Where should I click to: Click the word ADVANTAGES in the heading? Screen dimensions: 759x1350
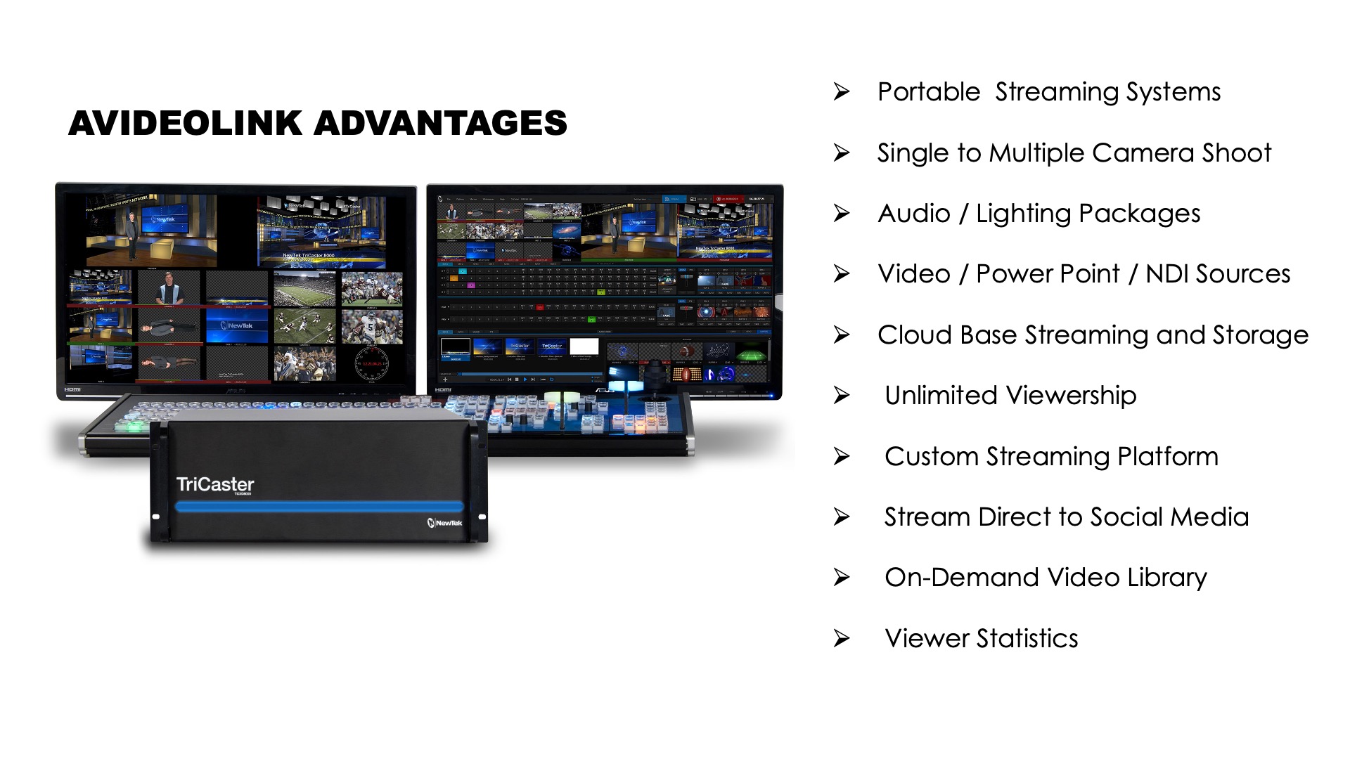440,124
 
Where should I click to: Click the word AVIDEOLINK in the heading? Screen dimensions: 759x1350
186,124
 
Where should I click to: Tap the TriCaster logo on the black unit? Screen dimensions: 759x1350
214,484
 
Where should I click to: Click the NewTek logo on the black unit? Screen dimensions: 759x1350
445,522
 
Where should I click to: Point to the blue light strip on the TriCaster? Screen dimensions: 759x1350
320,506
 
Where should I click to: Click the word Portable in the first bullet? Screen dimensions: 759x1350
928,92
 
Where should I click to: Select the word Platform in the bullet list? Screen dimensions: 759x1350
1167,457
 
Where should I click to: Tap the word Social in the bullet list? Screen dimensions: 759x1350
1120,517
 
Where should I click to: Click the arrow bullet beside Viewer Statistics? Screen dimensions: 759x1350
842,639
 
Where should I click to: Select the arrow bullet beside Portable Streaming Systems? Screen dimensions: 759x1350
842,92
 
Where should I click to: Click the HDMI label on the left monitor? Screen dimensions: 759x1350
72,389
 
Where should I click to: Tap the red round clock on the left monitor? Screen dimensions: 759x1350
371,363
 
